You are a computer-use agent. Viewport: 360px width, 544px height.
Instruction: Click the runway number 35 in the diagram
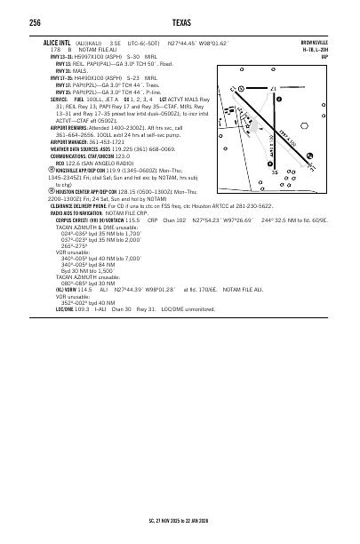(x=275, y=172)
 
